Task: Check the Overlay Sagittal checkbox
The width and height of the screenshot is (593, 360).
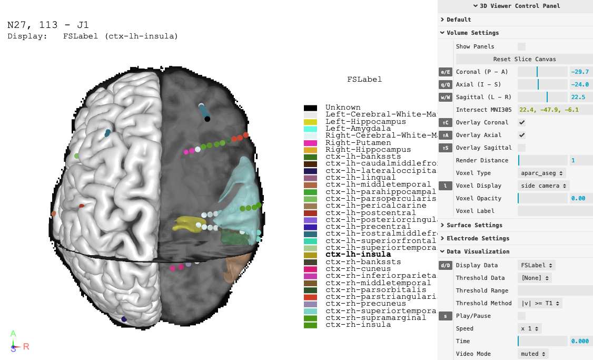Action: pyautogui.click(x=521, y=148)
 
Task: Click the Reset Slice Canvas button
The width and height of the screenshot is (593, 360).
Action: pyautogui.click(x=524, y=59)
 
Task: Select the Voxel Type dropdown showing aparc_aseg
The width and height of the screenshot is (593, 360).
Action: pyautogui.click(x=542, y=173)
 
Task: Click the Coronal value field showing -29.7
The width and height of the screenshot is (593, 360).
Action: pyautogui.click(x=581, y=72)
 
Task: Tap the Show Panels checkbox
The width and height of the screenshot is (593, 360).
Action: pyautogui.click(x=521, y=46)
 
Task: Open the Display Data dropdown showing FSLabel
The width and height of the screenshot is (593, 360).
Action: pyautogui.click(x=536, y=265)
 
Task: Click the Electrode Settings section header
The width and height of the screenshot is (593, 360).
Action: pyautogui.click(x=478, y=238)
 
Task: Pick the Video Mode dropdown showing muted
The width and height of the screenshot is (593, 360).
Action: pyautogui.click(x=532, y=354)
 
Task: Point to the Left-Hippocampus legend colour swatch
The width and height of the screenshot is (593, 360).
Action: pyautogui.click(x=310, y=122)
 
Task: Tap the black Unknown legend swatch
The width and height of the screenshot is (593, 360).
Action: pyautogui.click(x=310, y=108)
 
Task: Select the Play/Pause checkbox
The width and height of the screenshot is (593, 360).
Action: pyautogui.click(x=521, y=316)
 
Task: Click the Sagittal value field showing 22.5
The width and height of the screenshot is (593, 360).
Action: pyautogui.click(x=581, y=97)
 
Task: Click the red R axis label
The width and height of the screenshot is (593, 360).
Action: pyautogui.click(x=26, y=346)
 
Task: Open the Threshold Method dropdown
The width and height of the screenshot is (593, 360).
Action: pyautogui.click(x=541, y=303)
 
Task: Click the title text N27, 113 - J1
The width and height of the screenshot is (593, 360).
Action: pyautogui.click(x=48, y=25)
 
